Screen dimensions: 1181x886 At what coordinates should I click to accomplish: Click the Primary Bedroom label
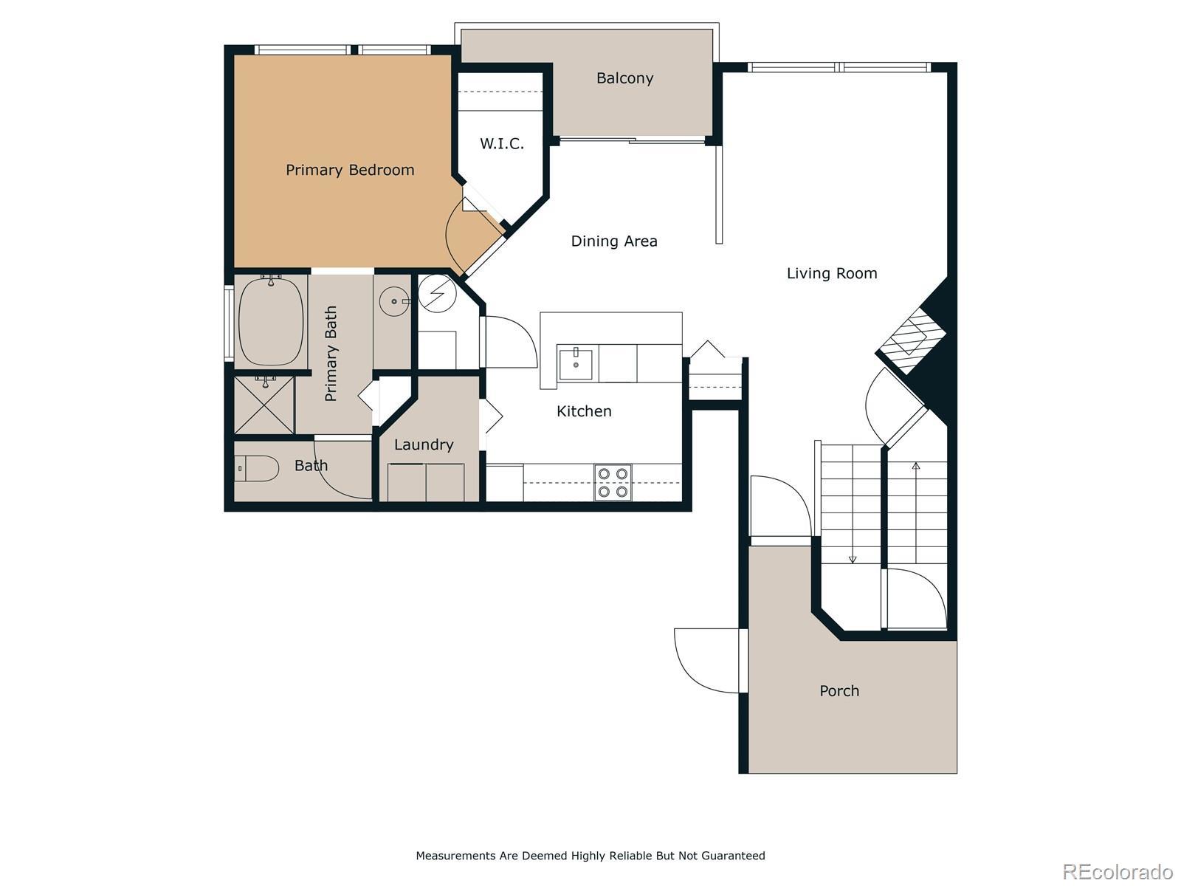coord(350,170)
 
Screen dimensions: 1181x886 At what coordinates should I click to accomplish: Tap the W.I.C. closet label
coord(501,144)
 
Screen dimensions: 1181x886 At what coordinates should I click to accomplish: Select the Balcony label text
coord(624,78)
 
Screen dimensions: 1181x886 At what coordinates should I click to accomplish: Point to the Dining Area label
coord(614,241)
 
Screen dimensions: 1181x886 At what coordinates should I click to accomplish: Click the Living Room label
coord(832,273)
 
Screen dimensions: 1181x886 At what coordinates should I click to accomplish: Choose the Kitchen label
coord(584,411)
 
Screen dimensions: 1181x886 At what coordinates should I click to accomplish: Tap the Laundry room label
coord(424,445)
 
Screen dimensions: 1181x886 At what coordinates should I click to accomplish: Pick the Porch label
coord(839,691)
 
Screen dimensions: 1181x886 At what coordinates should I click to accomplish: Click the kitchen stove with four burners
coord(613,483)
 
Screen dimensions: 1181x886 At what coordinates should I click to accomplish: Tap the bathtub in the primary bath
coord(271,322)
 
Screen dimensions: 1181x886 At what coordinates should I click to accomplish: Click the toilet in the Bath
coord(256,469)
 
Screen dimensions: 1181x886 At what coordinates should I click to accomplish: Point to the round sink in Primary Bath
coord(394,302)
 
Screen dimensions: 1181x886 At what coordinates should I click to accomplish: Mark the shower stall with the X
coord(264,405)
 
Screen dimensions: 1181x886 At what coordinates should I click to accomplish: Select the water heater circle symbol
coord(436,294)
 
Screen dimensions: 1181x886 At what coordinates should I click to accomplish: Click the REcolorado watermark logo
coord(1118,871)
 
